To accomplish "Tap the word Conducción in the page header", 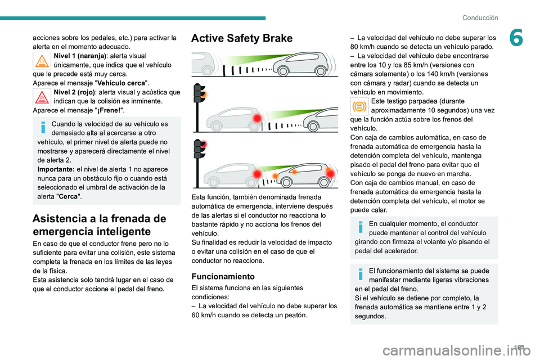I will (x=480, y=17).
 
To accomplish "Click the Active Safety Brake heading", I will (x=242, y=38).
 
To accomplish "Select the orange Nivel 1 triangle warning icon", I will (x=42, y=60).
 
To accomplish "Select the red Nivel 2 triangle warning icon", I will (x=42, y=97).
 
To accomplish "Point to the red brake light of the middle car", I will (x=258, y=117).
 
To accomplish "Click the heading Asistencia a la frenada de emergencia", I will (x=100, y=225).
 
